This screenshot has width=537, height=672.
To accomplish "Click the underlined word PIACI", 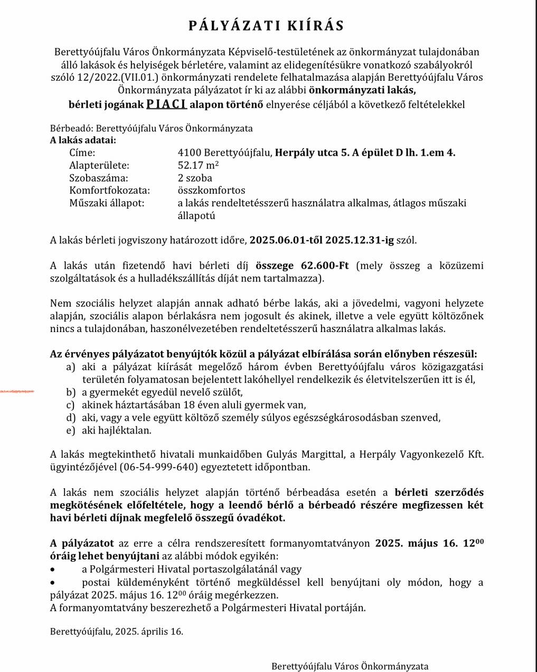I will coord(166,104).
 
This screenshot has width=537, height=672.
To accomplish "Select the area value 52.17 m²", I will coord(199,165).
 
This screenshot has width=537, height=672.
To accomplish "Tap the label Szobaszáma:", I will coord(98,178).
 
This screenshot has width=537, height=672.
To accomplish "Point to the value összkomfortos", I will coord(211,190).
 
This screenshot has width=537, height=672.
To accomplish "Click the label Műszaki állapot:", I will coord(107,203).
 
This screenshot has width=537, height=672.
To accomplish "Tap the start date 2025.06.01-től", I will coord(286,240).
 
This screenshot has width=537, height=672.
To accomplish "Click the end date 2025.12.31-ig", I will coord(360,240).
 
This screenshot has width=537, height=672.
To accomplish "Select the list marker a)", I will coord(70,367).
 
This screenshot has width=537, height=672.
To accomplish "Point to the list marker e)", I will coord(70,430).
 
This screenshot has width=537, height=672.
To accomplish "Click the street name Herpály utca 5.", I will coord(312,153).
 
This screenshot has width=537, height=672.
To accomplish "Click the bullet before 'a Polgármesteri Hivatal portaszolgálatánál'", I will coord(53,570).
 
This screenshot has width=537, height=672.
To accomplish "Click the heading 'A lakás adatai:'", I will coord(83,140).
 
